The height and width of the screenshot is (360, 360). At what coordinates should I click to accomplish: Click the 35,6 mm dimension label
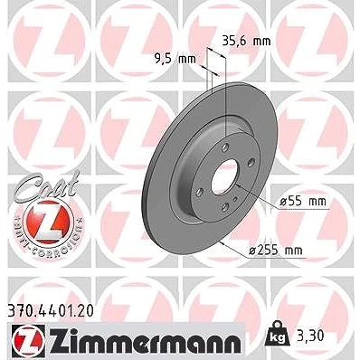tap(246, 41)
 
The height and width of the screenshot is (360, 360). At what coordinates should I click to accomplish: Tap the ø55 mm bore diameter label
tap(303, 201)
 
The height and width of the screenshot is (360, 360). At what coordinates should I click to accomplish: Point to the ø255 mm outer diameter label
tap(275, 250)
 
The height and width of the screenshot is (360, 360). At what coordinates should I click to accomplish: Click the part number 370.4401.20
tap(50, 311)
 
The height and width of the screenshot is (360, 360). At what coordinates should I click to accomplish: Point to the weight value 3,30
tap(310, 336)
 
